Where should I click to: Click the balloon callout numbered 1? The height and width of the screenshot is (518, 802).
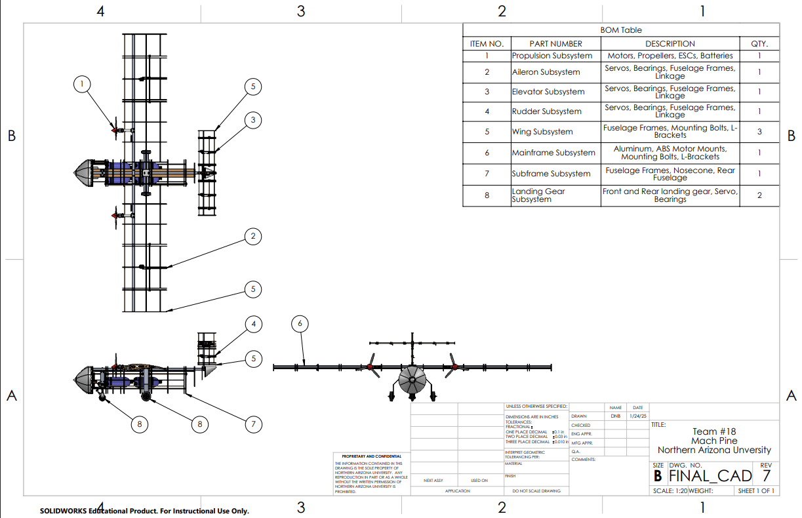tap(81, 84)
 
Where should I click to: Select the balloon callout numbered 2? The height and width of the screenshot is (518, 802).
tap(253, 237)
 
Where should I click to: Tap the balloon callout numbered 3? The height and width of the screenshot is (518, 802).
tap(253, 120)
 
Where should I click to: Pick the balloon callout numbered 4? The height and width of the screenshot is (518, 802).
tap(253, 324)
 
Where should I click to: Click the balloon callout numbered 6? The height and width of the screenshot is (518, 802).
tap(300, 323)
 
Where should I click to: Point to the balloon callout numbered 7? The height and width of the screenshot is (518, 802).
tap(253, 424)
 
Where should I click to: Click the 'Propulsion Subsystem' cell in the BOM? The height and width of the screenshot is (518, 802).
tap(552, 56)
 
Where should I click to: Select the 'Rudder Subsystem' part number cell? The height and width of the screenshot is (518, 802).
tap(546, 111)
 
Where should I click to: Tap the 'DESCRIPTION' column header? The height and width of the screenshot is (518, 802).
tap(670, 44)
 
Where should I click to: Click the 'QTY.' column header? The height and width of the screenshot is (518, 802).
tap(759, 44)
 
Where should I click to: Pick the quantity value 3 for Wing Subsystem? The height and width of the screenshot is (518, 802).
tap(759, 132)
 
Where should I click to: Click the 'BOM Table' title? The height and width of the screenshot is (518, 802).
tap(621, 30)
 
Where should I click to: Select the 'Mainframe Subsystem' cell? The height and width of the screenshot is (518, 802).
tap(553, 153)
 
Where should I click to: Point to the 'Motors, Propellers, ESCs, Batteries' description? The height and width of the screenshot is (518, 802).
tap(670, 56)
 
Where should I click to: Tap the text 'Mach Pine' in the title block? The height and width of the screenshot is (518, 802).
tap(714, 441)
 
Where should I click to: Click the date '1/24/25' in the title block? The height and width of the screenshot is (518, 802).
tap(637, 416)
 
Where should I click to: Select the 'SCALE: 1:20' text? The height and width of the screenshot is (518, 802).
tap(670, 491)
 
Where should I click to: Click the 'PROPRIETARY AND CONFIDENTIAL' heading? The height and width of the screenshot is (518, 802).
tap(372, 456)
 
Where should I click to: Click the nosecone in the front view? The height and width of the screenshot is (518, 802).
tap(412, 380)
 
